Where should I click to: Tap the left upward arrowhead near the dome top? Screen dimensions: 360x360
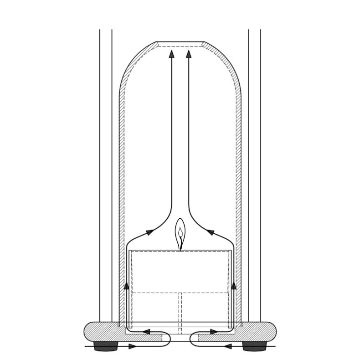[x=171, y=54]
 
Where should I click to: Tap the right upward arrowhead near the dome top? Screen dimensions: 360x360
[x=189, y=54]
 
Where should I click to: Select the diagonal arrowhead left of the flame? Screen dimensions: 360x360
[x=149, y=232]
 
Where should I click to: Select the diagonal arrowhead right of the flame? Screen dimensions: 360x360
[x=211, y=232]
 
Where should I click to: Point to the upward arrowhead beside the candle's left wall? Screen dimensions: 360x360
[x=127, y=286]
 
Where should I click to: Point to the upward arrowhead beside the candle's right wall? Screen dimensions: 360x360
[x=234, y=286]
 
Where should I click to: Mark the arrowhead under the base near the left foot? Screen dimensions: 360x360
[x=132, y=346]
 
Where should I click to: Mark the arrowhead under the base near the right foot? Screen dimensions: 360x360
[x=228, y=346]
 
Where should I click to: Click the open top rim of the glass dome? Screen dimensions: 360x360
[x=180, y=44]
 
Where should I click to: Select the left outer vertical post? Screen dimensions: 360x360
[x=106, y=173]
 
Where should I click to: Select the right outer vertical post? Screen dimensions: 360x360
[x=254, y=173]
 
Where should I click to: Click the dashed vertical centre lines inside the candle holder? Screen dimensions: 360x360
[x=180, y=310]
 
